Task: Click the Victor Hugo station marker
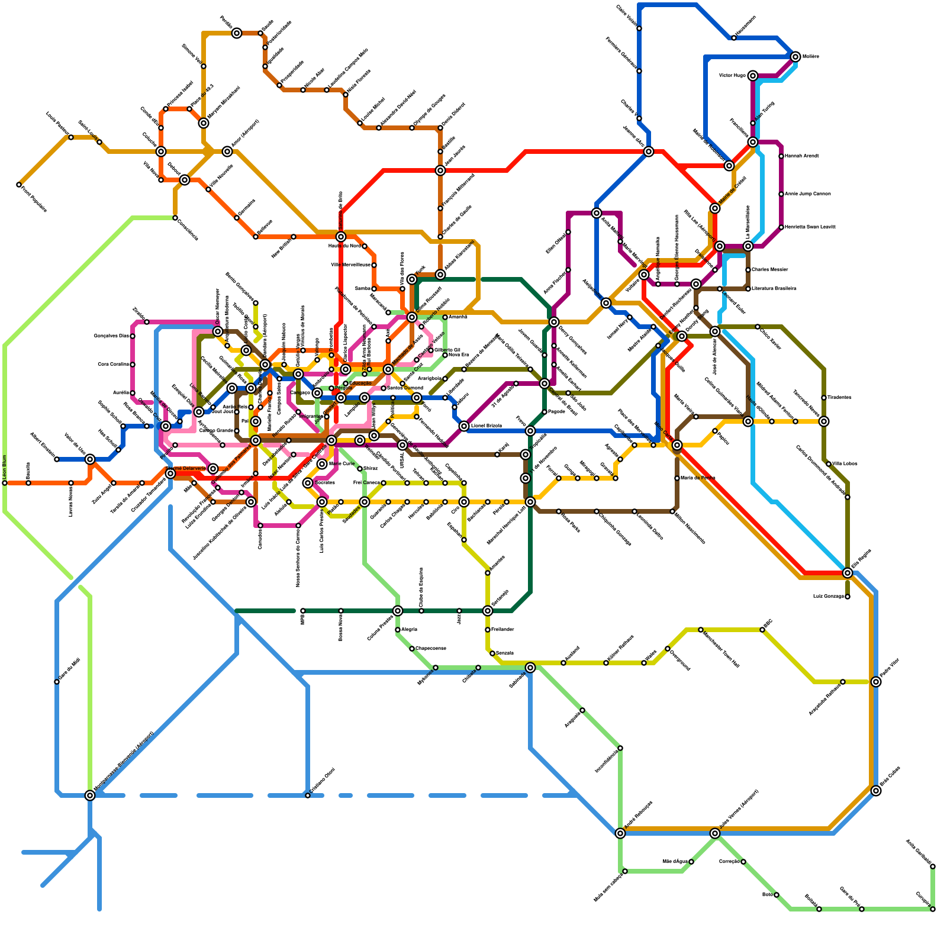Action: (x=752, y=76)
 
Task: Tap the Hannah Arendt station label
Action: (x=803, y=156)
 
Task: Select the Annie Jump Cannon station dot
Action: (x=781, y=194)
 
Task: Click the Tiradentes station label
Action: (x=839, y=398)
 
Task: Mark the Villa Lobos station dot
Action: (x=829, y=464)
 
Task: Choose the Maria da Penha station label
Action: (x=698, y=478)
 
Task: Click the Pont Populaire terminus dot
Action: (x=19, y=185)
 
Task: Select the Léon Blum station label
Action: (x=5, y=467)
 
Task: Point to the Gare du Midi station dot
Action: (x=57, y=682)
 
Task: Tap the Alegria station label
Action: (x=410, y=630)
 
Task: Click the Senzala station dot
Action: (x=492, y=653)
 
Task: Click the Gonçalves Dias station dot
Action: (x=133, y=336)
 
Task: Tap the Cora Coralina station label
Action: (x=112, y=365)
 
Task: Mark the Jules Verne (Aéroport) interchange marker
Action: (x=715, y=833)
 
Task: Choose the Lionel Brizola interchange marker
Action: (x=464, y=426)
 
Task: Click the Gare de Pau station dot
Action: (x=862, y=909)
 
